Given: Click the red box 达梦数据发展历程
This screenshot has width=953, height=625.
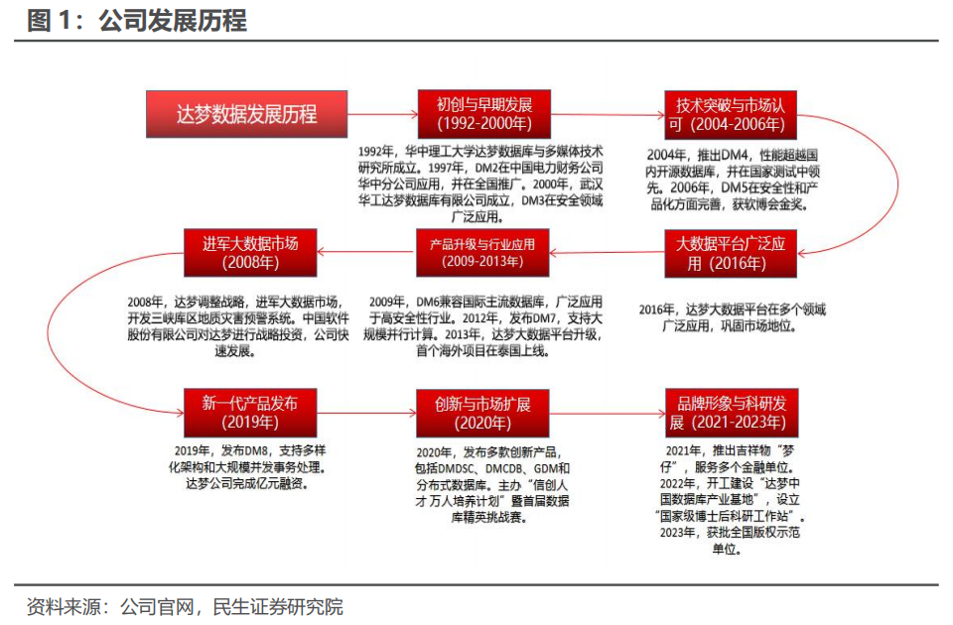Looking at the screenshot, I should [246, 114].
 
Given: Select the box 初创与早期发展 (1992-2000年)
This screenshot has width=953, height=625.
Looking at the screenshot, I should [483, 114].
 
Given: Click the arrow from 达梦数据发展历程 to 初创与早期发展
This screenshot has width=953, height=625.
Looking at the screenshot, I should [382, 114].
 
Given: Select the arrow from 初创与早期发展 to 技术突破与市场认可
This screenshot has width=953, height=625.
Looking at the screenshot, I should [607, 114].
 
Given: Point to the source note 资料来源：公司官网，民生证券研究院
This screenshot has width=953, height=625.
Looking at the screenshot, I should [185, 606].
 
